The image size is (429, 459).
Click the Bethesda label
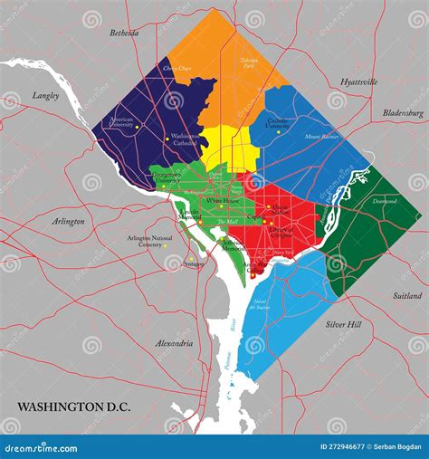[x=124, y=33]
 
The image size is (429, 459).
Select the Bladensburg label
[x=403, y=113]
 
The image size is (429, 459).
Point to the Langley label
[x=45, y=95]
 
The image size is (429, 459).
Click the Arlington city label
[x=69, y=221]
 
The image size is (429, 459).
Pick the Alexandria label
[x=175, y=344]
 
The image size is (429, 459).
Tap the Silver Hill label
[x=343, y=323]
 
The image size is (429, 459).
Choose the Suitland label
[x=407, y=295]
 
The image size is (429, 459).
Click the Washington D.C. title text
[x=72, y=407]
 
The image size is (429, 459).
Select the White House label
[x=221, y=200]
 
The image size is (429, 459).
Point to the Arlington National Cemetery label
[x=144, y=241]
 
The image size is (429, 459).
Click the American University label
[x=120, y=122]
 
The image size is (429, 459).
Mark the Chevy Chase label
[x=176, y=68]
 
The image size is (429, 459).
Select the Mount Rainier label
[x=322, y=137]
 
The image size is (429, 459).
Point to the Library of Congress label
[x=281, y=231]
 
